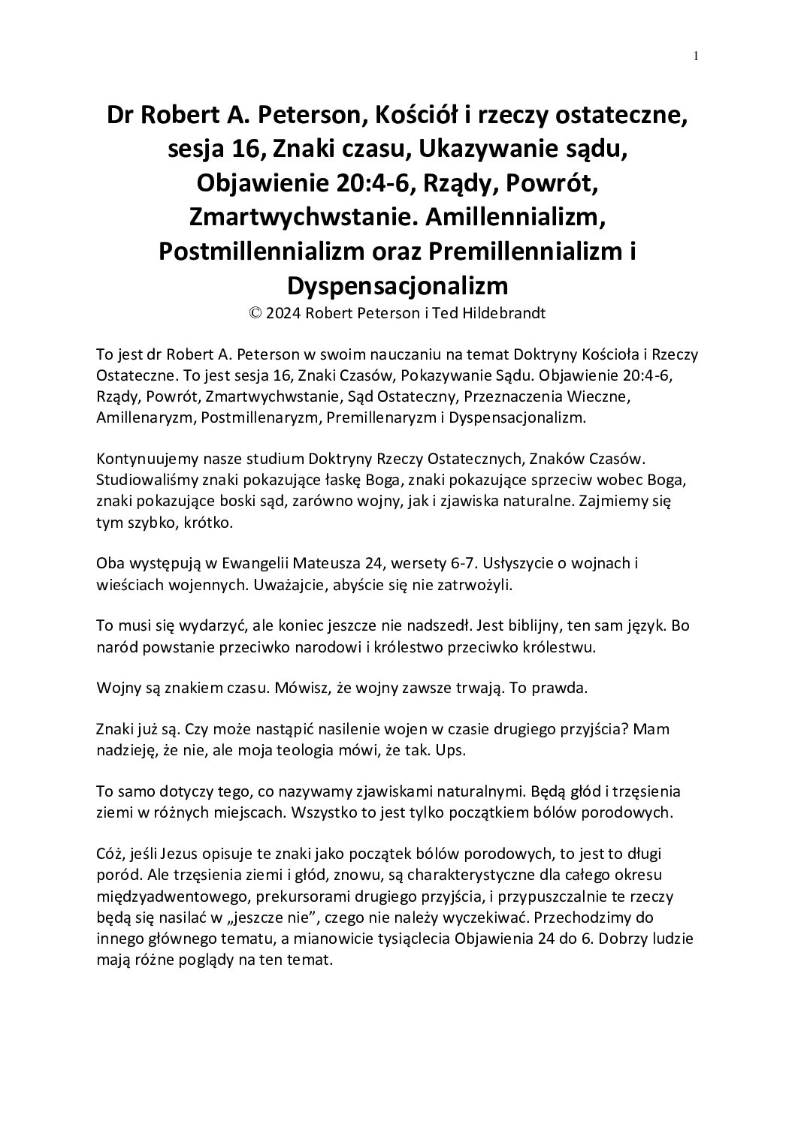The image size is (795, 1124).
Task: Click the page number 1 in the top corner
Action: [x=696, y=56]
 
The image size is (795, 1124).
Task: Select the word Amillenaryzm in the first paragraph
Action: [x=141, y=417]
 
